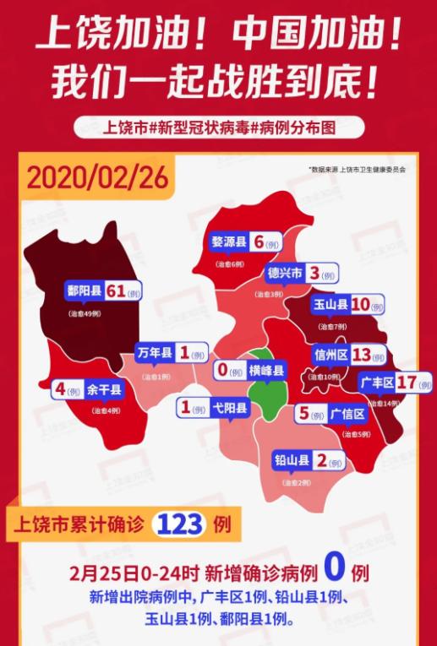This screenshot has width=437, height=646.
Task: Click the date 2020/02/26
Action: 98,178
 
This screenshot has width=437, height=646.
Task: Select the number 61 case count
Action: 116,291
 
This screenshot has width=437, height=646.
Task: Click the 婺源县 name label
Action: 229,242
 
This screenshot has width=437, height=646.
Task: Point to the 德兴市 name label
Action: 285,273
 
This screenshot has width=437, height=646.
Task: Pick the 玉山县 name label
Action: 330,304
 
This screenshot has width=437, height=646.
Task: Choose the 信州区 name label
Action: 331,355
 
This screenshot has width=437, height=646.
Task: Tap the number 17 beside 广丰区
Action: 407,381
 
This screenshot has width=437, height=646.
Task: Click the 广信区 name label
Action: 347,414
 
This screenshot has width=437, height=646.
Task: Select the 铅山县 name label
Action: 291,461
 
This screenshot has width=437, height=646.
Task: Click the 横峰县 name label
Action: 265,370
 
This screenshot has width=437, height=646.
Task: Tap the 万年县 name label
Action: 156,354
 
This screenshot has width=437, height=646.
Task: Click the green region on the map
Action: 269,393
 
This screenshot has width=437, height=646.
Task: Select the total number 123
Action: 179,524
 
